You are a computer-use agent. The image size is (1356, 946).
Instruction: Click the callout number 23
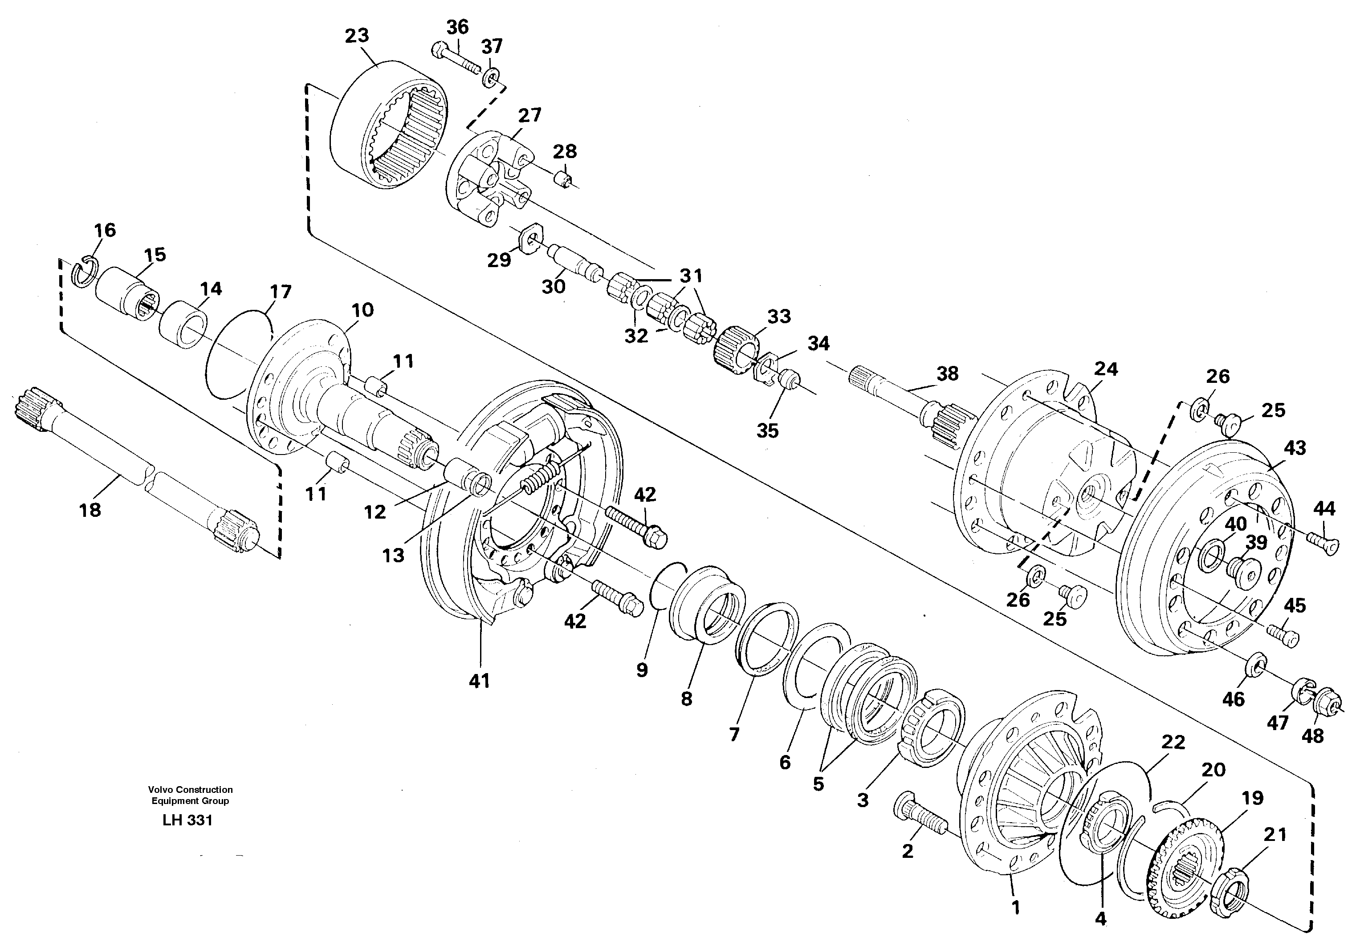[357, 36]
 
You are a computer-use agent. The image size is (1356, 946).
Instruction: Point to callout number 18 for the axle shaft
[90, 510]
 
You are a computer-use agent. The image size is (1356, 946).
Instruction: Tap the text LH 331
[187, 820]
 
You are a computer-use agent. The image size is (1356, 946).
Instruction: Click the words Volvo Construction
[190, 789]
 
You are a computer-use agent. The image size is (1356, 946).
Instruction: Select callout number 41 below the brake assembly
[479, 681]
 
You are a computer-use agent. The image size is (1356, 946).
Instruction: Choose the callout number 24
[1106, 369]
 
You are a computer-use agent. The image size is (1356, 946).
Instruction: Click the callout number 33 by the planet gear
[778, 317]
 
